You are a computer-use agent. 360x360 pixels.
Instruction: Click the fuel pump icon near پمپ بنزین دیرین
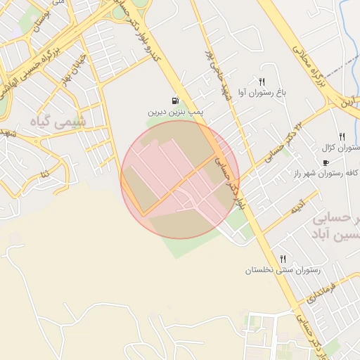tap(174, 101)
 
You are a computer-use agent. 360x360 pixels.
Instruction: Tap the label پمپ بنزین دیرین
tap(175, 112)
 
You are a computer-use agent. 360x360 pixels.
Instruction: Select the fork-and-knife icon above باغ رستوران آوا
tap(262, 82)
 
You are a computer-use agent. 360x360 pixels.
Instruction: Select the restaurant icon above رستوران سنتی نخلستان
tap(283, 259)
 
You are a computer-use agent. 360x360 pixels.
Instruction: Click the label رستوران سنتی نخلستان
tap(283, 270)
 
